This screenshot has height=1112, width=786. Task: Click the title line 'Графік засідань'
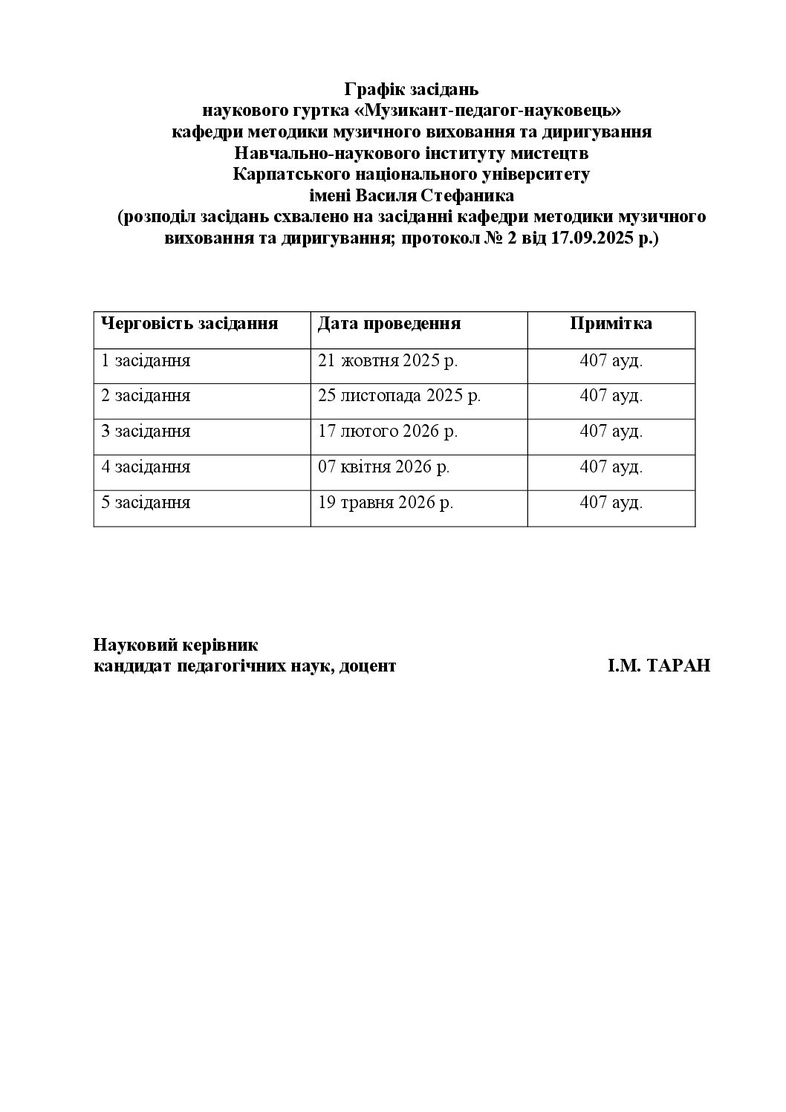pos(412,90)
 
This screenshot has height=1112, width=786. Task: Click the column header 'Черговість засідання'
pos(189,324)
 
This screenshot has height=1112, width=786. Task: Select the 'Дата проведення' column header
pos(389,324)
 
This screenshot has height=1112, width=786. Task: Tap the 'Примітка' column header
pos(611,324)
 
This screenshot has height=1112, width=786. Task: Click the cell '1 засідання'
pos(146,361)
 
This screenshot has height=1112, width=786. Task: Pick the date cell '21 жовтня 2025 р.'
pos(387,361)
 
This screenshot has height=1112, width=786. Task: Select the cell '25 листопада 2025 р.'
pos(399,396)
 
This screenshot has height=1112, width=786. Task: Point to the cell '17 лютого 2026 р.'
pos(387,432)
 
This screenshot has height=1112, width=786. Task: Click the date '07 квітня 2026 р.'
pos(384,467)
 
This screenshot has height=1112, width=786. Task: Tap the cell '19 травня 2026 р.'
pos(386,503)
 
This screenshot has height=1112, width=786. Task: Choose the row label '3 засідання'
pos(146,432)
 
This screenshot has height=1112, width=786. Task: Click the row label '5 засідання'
pos(146,503)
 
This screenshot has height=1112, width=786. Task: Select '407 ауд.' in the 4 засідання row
pos(611,467)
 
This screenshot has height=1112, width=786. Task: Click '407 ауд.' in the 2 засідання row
pos(611,396)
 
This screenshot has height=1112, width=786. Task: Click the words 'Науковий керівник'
pos(176,645)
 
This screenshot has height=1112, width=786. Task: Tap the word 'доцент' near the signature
pos(367,666)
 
